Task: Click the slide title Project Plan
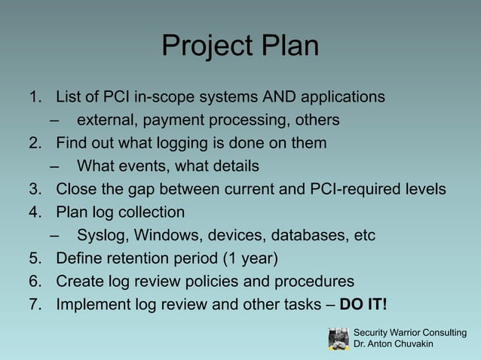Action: (240, 47)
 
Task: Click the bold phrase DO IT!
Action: (364, 304)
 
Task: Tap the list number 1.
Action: (33, 97)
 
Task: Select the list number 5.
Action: (33, 259)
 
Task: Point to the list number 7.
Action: (33, 304)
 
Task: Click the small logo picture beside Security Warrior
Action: (339, 338)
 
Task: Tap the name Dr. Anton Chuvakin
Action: (394, 344)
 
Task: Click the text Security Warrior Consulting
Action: (409, 333)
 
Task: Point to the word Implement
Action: (92, 304)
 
